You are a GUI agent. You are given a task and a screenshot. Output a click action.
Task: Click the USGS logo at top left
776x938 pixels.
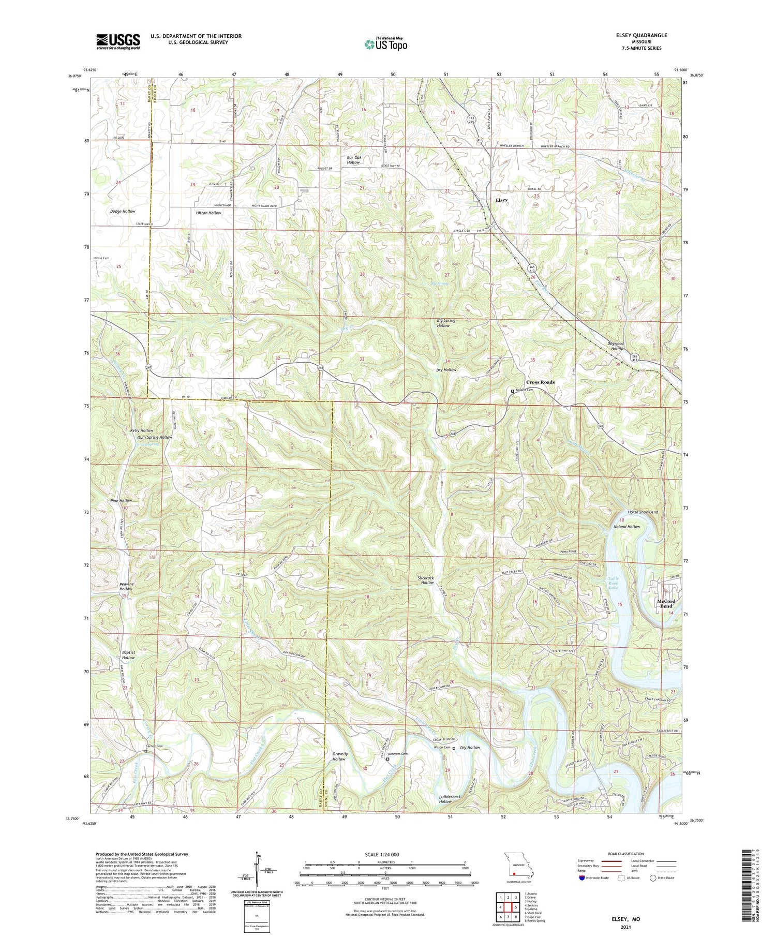pyautogui.click(x=118, y=41)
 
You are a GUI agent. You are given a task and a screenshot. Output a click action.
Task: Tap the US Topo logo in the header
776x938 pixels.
pyautogui.click(x=385, y=44)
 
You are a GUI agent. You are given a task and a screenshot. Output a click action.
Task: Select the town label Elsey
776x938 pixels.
pyautogui.click(x=501, y=200)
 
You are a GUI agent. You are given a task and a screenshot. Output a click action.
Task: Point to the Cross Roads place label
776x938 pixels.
pyautogui.click(x=540, y=382)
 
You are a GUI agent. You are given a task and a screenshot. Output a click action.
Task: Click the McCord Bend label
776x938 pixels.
pyautogui.click(x=666, y=603)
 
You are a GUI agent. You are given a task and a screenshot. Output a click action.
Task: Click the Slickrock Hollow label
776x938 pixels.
pyautogui.click(x=427, y=580)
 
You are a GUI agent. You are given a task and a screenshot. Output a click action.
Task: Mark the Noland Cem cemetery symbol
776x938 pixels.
pyautogui.click(x=513, y=391)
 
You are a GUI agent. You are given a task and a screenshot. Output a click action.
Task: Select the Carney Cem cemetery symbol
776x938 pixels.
pyautogui.click(x=146, y=751)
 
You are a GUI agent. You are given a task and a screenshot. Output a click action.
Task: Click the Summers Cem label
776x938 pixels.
pyautogui.click(x=397, y=753)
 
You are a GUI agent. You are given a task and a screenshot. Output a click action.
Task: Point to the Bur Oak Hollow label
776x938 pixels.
pyautogui.click(x=353, y=159)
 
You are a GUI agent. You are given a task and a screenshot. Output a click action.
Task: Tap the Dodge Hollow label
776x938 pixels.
pyautogui.click(x=123, y=211)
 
